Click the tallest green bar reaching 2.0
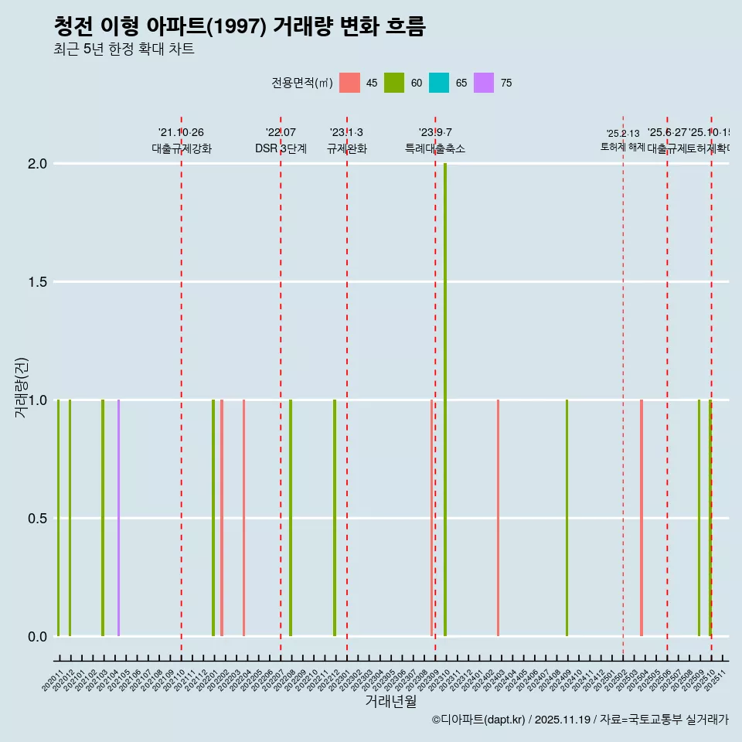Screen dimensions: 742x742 pos(445,399)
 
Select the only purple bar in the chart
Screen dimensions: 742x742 pos(118,518)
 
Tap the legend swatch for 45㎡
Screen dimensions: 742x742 pos(349,83)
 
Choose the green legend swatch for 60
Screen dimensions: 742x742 pos(394,83)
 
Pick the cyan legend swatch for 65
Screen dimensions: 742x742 pos(439,83)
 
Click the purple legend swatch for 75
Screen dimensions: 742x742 pos(484,83)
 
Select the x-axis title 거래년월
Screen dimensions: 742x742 pos(390,702)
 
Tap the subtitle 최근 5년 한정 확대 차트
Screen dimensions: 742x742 pos(124,49)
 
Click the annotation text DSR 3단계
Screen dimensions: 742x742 pos(281,149)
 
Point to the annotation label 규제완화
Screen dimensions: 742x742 pos(346,149)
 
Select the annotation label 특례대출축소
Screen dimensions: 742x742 pos(435,149)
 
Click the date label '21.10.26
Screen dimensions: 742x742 pos(181,133)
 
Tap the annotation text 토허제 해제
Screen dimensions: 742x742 pos(623,146)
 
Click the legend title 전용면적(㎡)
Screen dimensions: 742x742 pos(301,83)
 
